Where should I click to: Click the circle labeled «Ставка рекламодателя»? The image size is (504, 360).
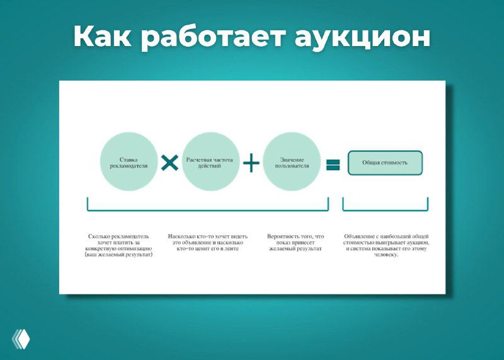129,162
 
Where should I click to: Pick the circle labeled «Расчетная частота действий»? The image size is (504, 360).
210,162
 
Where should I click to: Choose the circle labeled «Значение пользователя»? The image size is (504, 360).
290,162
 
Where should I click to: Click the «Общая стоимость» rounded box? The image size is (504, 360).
384,163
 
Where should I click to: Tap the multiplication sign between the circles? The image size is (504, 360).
169,163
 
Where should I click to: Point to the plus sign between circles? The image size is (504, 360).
251,163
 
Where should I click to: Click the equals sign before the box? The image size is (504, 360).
333,165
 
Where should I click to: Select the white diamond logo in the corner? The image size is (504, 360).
21,339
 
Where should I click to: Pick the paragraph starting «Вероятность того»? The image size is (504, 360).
294,242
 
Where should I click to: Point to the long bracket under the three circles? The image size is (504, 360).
208,209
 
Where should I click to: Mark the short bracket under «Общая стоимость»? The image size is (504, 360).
385,209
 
